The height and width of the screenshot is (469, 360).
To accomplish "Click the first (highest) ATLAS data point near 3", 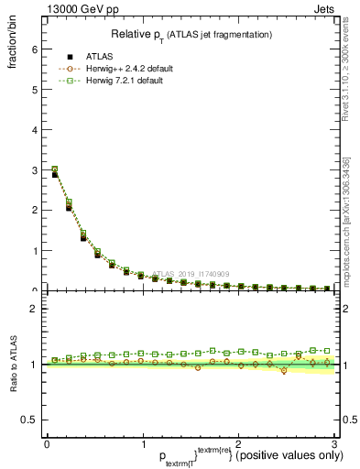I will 54,174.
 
